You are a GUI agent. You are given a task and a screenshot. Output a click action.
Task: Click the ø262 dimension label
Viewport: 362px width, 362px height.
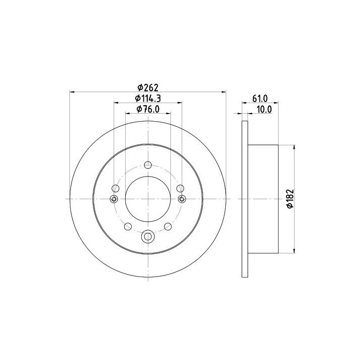(x=148, y=87)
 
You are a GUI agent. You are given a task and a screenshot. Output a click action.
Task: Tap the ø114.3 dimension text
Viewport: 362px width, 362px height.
(x=148, y=99)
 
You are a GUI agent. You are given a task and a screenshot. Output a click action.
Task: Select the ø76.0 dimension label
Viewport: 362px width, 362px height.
(x=148, y=109)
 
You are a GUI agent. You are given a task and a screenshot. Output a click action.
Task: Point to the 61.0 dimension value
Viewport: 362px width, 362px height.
(x=260, y=99)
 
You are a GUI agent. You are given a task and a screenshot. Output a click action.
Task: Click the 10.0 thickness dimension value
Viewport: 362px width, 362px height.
(x=264, y=110)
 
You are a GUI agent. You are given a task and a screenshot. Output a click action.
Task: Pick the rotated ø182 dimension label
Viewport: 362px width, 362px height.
(x=290, y=199)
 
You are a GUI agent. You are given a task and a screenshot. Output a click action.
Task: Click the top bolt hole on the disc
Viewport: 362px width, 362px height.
(x=148, y=165)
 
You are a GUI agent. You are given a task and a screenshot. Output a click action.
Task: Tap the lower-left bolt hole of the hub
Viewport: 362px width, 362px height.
(x=128, y=226)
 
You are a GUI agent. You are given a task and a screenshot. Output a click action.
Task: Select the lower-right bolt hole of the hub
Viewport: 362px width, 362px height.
(x=168, y=226)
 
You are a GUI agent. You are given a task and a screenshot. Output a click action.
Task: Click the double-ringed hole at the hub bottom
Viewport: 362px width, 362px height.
(x=148, y=236)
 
